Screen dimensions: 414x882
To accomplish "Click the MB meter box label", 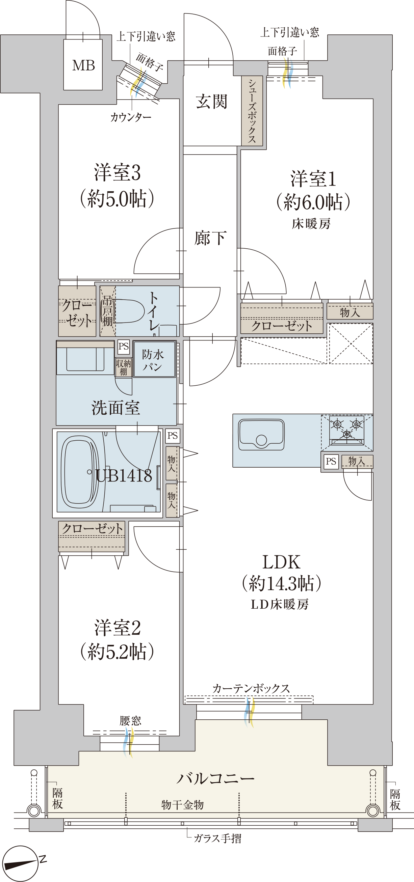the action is coord(83,65).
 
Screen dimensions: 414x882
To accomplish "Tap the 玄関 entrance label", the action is coord(211,102).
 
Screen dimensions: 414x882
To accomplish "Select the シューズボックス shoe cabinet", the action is coord(252,111).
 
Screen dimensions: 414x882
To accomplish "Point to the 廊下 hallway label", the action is coord(210,238).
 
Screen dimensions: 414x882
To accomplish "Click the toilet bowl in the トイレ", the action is coord(129,311).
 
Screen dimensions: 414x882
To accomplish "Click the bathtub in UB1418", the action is coord(79,472).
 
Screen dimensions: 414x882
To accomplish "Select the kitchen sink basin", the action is coord(261,435).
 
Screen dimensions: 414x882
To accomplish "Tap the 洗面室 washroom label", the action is coord(115,408).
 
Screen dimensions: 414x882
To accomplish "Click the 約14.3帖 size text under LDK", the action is coord(281,583).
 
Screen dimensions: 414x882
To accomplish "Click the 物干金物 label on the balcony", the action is coord(182,804).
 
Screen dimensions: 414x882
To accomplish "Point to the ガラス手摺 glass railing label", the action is coord(217,838).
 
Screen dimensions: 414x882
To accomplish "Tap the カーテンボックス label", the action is coord(251,688).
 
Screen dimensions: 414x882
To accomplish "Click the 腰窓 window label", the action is coord(130,721).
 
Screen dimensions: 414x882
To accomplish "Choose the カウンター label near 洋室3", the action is coord(131,117).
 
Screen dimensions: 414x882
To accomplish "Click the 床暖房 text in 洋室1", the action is coord(311,224).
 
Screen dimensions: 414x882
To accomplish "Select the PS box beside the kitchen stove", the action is coord(331,461).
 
